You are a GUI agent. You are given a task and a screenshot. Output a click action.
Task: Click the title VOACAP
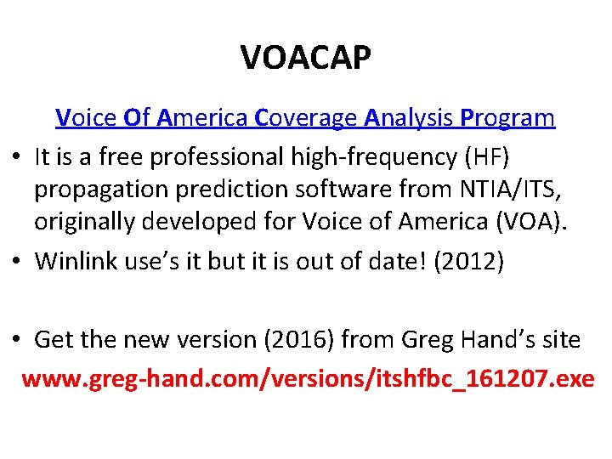306,58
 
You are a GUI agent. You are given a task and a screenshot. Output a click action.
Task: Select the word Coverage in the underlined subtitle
306,117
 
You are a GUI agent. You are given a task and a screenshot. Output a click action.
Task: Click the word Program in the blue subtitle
507,117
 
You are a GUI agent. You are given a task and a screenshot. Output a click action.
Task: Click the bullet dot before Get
16,341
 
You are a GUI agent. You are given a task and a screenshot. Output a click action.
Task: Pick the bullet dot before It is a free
16,158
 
